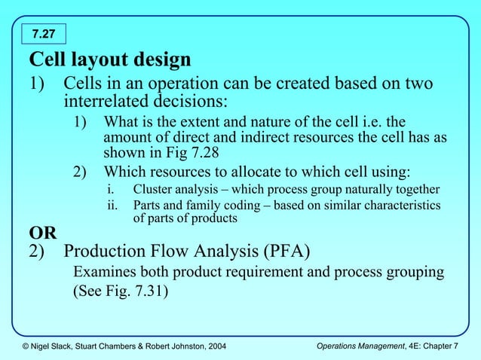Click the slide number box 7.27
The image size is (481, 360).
point(44,33)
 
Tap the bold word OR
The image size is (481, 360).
point(42,232)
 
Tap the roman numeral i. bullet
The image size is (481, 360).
point(109,188)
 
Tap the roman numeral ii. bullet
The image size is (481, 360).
point(111,205)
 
